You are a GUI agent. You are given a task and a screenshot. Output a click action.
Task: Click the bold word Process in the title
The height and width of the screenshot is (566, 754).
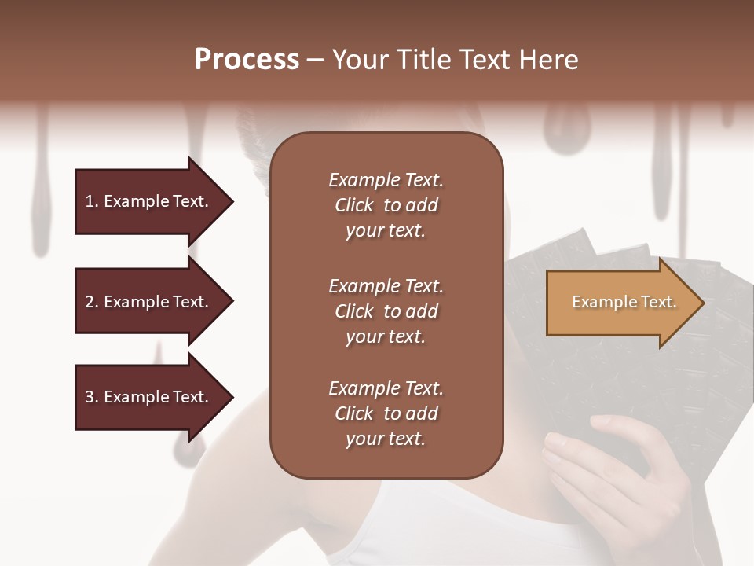[247, 59]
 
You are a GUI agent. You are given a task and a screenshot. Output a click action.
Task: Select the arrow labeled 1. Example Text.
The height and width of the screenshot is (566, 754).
[149, 201]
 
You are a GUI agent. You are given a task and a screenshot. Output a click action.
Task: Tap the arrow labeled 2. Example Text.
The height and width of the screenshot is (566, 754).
[149, 302]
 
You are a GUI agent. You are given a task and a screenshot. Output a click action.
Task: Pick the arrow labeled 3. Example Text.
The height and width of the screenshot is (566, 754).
[149, 397]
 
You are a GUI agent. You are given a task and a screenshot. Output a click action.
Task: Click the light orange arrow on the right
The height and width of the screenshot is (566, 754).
[620, 302]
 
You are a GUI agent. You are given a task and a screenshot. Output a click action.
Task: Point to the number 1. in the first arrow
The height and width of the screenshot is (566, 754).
[91, 201]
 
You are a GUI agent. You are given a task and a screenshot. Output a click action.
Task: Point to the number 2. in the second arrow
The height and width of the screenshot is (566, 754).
[91, 302]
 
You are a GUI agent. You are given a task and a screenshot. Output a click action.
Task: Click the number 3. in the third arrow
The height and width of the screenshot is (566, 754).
[91, 397]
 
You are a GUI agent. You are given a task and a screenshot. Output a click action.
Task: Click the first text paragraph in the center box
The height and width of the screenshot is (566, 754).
[386, 205]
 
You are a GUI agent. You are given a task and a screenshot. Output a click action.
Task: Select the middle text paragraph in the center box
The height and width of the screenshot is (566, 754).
[386, 311]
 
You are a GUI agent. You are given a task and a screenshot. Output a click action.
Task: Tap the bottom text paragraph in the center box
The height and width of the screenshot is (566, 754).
[386, 413]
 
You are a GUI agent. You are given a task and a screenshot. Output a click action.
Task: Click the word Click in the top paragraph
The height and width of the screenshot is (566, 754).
[353, 205]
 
